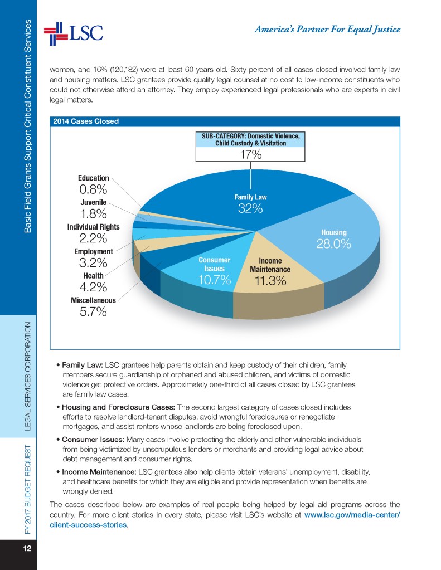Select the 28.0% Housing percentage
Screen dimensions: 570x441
(x=334, y=244)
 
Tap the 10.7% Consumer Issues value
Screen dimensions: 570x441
(x=215, y=280)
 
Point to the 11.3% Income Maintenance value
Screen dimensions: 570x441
(x=270, y=281)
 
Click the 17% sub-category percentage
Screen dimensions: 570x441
(x=251, y=155)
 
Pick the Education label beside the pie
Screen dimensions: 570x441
(x=93, y=178)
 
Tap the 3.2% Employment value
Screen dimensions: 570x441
(x=93, y=263)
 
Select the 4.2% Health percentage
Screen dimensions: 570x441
(x=93, y=288)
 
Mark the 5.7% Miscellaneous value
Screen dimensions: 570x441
(x=93, y=312)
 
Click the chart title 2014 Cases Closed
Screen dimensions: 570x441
(x=85, y=121)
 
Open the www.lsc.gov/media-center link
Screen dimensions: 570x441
(x=352, y=514)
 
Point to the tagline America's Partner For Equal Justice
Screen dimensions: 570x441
(x=327, y=30)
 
